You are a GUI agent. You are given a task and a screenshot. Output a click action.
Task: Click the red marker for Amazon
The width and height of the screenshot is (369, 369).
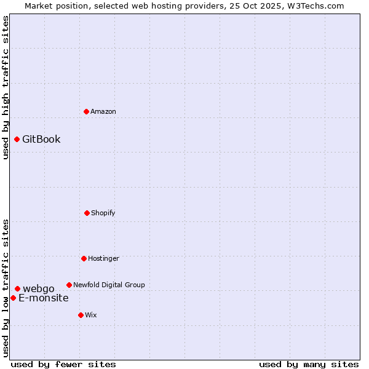click(x=86, y=111)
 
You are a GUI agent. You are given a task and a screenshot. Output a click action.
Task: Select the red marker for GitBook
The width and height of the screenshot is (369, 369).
click(x=17, y=139)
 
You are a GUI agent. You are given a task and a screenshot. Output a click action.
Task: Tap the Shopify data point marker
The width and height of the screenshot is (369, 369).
click(x=87, y=213)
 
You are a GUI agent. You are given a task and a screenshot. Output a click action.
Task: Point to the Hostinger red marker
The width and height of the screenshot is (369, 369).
click(x=84, y=258)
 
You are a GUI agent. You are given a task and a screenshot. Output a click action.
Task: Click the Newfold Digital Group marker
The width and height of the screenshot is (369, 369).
click(x=69, y=285)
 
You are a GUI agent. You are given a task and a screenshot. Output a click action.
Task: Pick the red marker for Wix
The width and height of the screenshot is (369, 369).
click(x=81, y=315)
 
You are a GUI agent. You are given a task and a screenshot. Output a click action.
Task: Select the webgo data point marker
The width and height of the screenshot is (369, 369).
click(x=17, y=288)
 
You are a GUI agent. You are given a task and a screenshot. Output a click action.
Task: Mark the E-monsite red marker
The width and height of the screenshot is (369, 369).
click(x=13, y=298)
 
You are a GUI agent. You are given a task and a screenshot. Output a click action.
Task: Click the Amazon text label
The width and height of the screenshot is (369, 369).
click(x=103, y=111)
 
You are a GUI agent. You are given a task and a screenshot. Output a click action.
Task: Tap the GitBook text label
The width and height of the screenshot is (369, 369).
click(x=41, y=139)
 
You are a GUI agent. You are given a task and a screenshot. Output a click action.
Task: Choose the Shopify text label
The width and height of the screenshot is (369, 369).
click(x=103, y=213)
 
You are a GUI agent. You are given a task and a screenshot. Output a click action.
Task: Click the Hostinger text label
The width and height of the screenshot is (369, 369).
click(x=103, y=258)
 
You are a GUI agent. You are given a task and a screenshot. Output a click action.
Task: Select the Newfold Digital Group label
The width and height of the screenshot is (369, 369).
click(x=109, y=285)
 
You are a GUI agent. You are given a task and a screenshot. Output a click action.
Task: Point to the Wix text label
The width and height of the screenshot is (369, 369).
click(x=91, y=315)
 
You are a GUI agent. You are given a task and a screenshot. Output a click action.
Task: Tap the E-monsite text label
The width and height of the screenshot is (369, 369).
click(x=44, y=298)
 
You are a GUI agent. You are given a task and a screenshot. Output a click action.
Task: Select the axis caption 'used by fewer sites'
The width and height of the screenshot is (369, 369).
click(x=63, y=364)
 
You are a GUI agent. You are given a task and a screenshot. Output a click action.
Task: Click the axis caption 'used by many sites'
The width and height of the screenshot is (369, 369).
click(x=309, y=364)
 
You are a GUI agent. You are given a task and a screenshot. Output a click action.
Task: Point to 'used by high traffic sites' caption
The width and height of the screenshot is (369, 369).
click(x=6, y=87)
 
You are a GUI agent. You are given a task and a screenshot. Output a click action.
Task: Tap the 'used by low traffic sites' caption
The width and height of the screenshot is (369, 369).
click(x=6, y=287)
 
